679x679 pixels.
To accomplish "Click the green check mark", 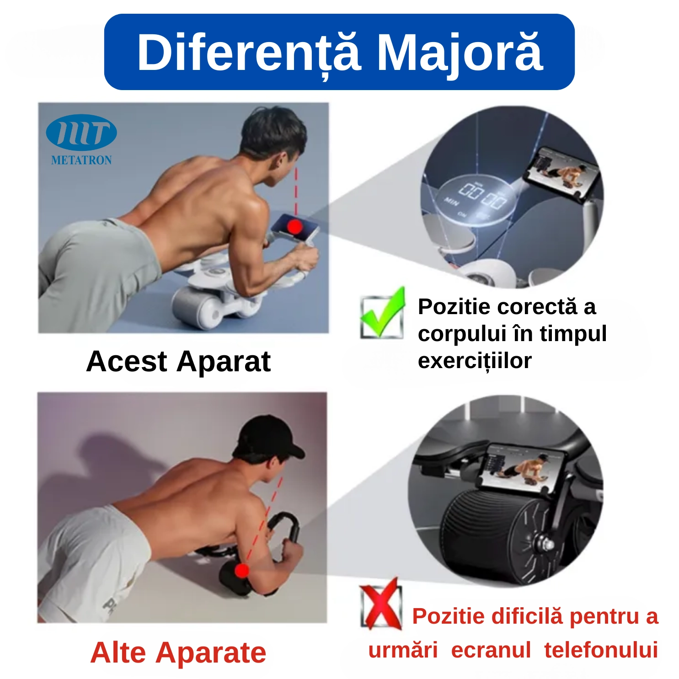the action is [382, 313].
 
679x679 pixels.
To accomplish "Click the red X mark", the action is [380, 604].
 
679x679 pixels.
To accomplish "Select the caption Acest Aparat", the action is [178, 362].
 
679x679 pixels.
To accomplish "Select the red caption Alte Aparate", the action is [178, 652].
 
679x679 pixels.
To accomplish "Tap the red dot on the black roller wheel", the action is [242, 570].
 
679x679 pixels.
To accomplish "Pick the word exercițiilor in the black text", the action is [475, 361].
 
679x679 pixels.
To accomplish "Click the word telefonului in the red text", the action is [601, 650].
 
